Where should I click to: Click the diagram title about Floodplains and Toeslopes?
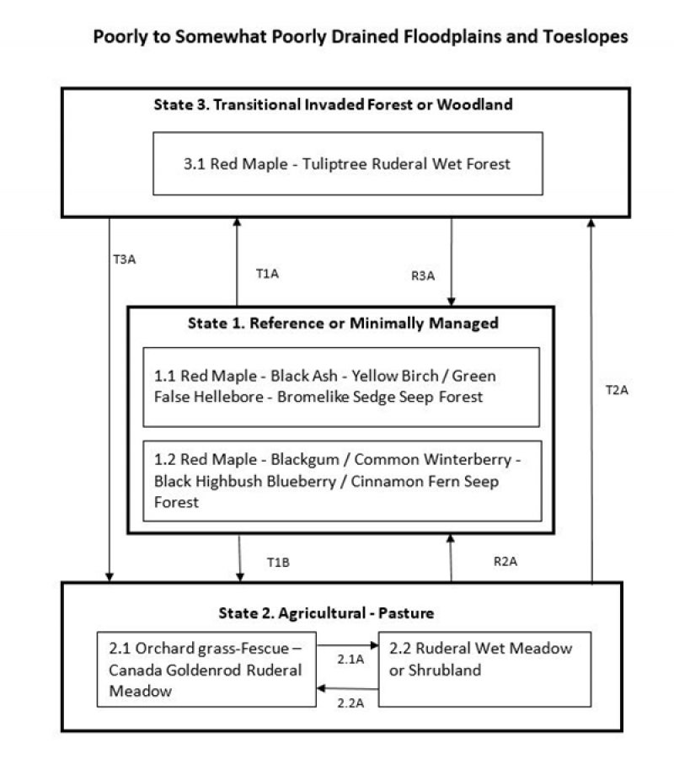coord(360,38)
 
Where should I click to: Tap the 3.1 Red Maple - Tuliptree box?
coord(347,163)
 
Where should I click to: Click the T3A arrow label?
coord(124,259)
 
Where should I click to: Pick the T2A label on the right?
coord(618,390)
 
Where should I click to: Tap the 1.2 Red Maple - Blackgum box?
coord(340,480)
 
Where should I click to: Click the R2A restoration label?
coord(504,560)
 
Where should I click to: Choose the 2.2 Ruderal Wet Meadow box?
coord(484,659)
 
